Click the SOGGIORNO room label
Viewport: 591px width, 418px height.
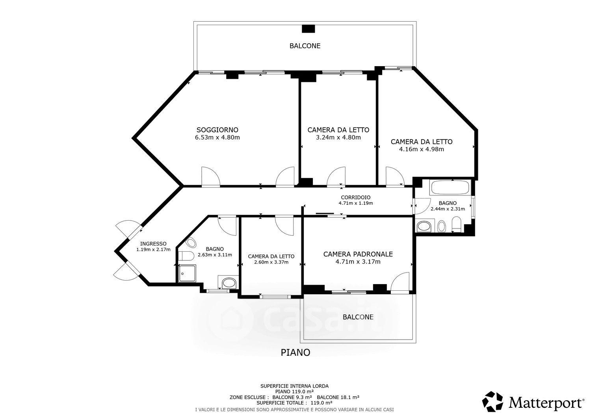coord(217,130)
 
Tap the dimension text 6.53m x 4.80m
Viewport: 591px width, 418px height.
coord(217,137)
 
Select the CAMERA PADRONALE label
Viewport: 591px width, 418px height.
coord(358,254)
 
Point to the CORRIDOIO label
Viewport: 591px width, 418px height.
coord(355,197)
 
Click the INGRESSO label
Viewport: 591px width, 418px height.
coord(153,244)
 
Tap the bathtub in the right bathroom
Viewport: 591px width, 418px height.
coord(450,188)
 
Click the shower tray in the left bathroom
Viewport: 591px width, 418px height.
coord(187,274)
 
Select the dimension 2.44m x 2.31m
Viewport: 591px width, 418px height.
coord(448,209)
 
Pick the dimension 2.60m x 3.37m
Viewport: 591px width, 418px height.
coord(271,262)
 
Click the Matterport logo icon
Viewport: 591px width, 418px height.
coord(492,401)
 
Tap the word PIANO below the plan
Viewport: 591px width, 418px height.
coord(295,353)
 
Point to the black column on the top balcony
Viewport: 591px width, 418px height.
coord(309,28)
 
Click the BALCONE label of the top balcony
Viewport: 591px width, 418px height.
coord(305,46)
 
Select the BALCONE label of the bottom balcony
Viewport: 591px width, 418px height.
coord(358,317)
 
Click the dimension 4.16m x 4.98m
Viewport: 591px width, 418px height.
coord(421,149)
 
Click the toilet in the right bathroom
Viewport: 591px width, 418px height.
coord(456,224)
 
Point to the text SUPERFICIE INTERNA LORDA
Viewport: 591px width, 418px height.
coord(294,386)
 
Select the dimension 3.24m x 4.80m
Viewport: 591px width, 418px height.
coord(338,137)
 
